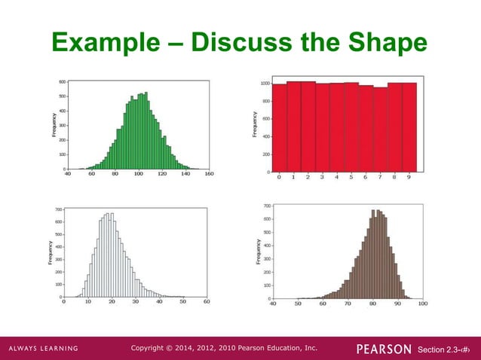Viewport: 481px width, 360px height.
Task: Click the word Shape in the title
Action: tap(381, 44)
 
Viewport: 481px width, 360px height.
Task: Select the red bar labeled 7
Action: tap(380, 129)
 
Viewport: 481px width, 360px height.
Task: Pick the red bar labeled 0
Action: tap(279, 127)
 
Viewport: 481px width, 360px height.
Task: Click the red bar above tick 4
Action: tap(337, 127)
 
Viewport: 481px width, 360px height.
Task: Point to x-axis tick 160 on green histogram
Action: tap(210, 174)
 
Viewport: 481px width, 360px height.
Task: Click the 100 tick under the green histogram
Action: tap(139, 174)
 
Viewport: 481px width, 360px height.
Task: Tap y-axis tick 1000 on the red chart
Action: tap(264, 84)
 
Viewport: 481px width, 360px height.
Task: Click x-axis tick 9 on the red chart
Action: tap(409, 178)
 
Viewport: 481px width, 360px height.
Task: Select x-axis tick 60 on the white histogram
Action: tap(207, 301)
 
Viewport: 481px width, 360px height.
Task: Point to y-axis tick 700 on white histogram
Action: tap(57, 208)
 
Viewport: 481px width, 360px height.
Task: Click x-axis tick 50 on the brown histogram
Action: tap(298, 304)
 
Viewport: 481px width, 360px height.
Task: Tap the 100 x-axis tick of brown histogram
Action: tap(422, 304)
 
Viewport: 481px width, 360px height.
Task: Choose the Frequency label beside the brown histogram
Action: tap(258, 252)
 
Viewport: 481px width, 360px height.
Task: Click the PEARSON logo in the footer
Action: tap(384, 348)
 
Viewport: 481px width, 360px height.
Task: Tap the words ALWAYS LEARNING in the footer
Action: tap(44, 348)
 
